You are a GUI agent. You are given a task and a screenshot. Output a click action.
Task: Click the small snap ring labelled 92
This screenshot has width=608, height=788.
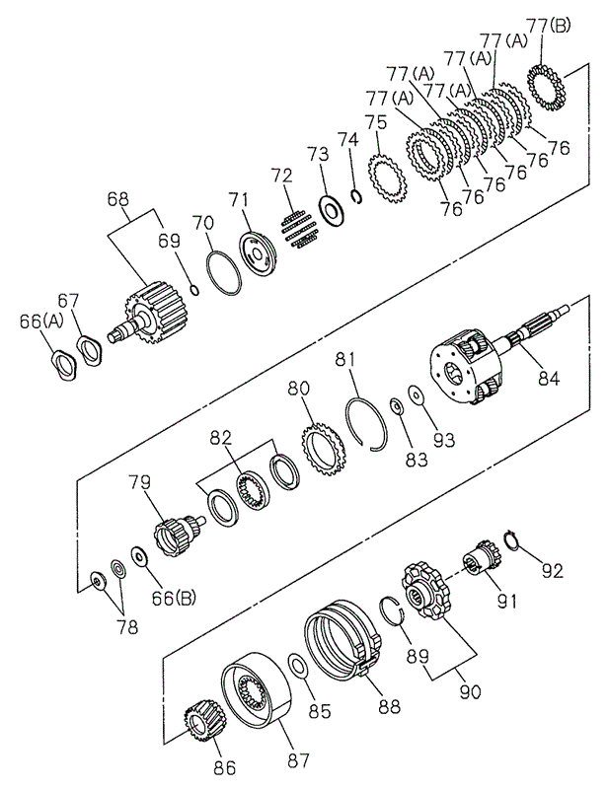[511, 539]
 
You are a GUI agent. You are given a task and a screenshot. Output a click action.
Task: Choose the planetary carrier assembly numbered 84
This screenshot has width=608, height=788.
[472, 370]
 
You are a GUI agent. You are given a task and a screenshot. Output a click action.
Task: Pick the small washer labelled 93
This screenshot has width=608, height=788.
[416, 396]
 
